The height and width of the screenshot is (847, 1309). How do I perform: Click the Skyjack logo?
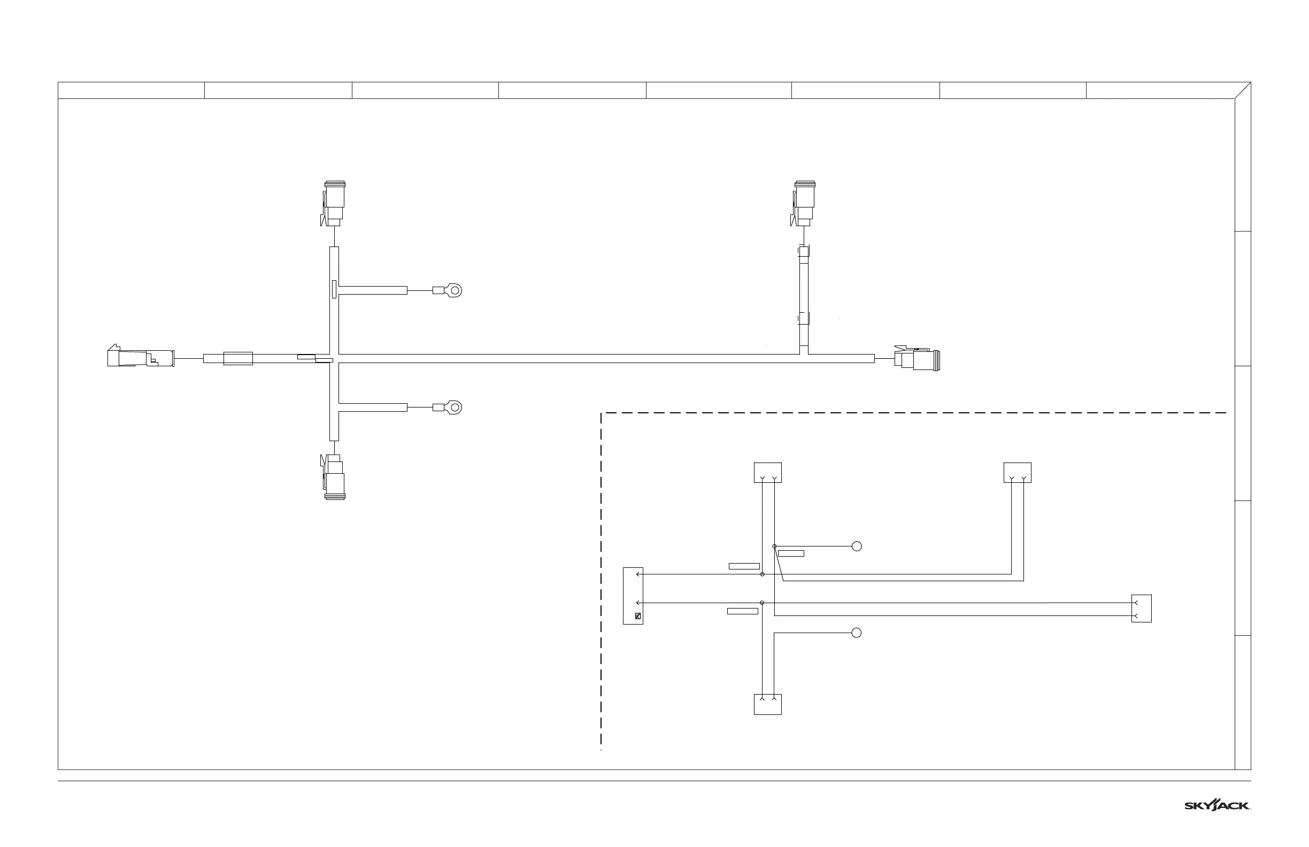[1217, 805]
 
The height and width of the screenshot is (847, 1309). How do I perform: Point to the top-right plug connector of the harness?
[804, 204]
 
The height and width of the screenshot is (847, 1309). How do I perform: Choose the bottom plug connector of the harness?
[334, 477]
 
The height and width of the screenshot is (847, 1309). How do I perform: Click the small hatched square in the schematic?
[638, 616]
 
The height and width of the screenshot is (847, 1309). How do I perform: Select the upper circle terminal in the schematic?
[856, 546]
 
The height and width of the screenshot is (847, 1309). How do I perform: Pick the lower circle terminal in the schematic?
[856, 633]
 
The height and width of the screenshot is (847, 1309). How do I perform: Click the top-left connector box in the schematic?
[767, 473]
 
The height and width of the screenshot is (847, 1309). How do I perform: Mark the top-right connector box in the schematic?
[1017, 473]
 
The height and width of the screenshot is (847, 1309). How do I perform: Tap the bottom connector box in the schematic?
[767, 705]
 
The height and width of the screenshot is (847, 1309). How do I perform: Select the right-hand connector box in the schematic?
[1141, 609]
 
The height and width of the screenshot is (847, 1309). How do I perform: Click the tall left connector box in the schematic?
[633, 596]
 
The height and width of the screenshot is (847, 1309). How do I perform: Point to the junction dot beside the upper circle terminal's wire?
[774, 546]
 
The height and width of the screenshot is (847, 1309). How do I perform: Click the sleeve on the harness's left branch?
[237, 359]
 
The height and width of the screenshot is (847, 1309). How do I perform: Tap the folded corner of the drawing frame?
[1243, 90]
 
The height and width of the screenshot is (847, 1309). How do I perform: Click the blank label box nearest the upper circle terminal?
[791, 553]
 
